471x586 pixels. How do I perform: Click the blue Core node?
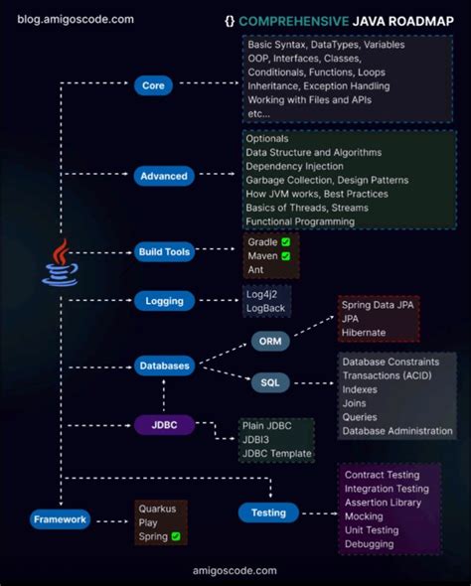(x=154, y=86)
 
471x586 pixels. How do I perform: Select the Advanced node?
(x=164, y=176)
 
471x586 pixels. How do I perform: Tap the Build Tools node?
(x=164, y=251)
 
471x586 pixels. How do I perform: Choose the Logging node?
(x=163, y=301)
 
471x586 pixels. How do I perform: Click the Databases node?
(x=163, y=366)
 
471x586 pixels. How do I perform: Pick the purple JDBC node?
(x=163, y=425)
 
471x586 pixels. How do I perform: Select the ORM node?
(x=269, y=342)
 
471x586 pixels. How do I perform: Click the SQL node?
(x=269, y=382)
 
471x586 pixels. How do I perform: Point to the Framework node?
(x=61, y=518)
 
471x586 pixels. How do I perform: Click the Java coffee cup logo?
(x=60, y=263)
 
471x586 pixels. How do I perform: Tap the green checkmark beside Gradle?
(x=285, y=242)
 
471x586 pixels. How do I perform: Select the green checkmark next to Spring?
(x=176, y=537)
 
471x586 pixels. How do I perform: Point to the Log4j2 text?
(x=265, y=294)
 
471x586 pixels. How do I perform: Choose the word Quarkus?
(x=157, y=509)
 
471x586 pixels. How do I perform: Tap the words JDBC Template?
(x=276, y=454)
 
